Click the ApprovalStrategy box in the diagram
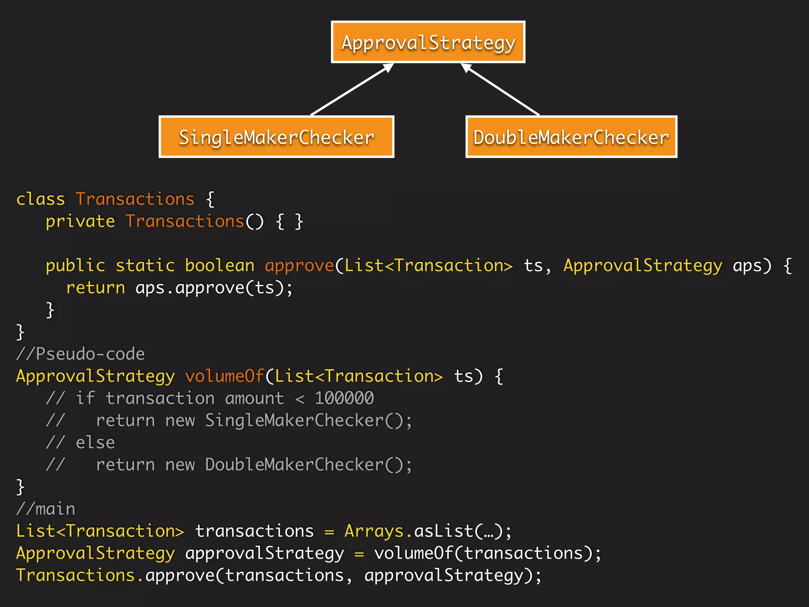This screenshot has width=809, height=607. [x=428, y=42]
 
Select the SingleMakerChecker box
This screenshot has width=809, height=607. [x=277, y=137]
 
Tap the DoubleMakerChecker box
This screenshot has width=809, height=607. [x=571, y=137]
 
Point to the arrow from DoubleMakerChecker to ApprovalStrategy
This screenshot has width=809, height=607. [x=501, y=90]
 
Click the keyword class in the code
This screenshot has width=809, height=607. [x=40, y=199]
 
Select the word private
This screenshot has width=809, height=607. [x=80, y=221]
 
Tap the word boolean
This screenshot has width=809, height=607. [x=220, y=266]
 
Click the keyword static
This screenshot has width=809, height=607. [x=145, y=266]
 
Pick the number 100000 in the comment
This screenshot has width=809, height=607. [x=344, y=398]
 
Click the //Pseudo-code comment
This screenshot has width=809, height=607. [x=81, y=354]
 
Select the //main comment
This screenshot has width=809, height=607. [x=45, y=509]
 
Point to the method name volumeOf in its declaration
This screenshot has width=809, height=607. [x=224, y=376]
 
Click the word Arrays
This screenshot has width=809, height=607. [x=374, y=531]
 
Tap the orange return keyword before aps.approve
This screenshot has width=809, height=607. [x=95, y=288]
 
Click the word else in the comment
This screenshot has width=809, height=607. [x=95, y=442]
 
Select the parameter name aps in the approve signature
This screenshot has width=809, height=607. [x=747, y=266]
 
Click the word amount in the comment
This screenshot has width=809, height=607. [x=254, y=398]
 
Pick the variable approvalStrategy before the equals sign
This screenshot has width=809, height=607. [x=265, y=553]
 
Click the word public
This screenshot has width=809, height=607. [x=75, y=266]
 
